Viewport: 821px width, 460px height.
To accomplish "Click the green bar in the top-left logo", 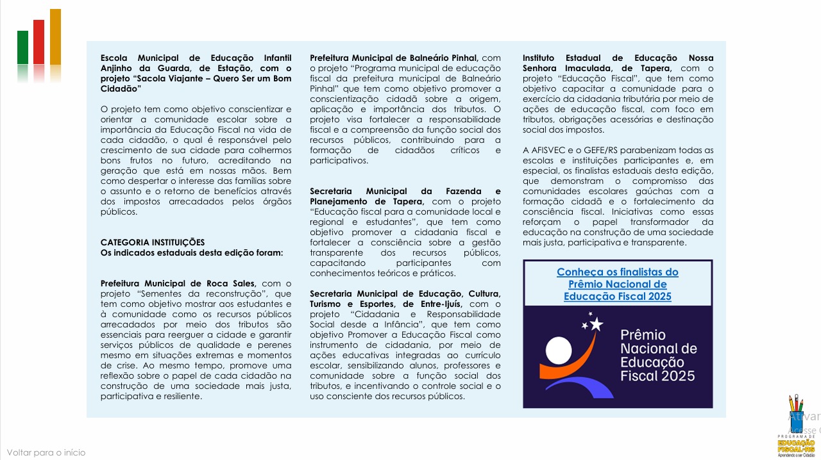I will [x=22, y=47].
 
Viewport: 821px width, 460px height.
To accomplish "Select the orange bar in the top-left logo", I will [x=55, y=37].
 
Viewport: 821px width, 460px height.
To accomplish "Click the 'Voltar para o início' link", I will [x=46, y=452].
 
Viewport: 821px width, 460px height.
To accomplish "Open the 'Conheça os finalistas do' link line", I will [x=617, y=272].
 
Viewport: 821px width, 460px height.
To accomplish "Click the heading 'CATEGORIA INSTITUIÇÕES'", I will [x=153, y=242].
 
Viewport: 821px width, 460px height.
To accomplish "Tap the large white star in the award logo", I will [x=597, y=324].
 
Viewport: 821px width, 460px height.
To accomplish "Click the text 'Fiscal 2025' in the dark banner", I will [x=657, y=375].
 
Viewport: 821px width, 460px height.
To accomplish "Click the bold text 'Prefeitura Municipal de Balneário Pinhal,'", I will [x=394, y=58].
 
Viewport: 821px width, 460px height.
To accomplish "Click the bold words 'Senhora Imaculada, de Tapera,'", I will [x=597, y=68].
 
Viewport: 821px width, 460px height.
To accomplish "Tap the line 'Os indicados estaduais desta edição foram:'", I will [x=191, y=252].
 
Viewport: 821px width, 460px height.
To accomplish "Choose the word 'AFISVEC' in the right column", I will [x=550, y=150].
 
